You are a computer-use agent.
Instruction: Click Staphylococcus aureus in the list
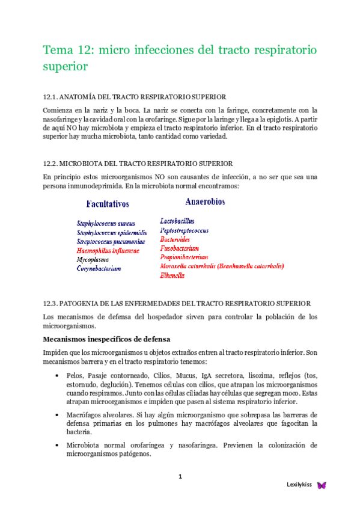pos(106,223)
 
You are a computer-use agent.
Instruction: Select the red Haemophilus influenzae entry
pos(108,250)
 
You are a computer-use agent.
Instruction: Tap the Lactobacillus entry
pos(177,221)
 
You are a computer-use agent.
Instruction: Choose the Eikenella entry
pos(172,275)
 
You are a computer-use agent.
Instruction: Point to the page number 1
pos(180,477)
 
